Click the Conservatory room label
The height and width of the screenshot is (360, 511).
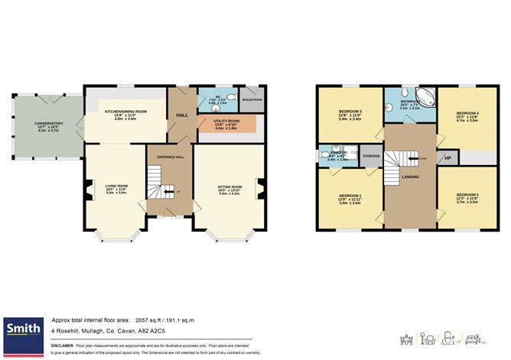pyautogui.click(x=48, y=123)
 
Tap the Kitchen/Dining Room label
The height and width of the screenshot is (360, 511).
pyautogui.click(x=125, y=112)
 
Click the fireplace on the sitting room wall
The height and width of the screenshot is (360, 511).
pyautogui.click(x=262, y=188)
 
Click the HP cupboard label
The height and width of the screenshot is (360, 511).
pyautogui.click(x=447, y=157)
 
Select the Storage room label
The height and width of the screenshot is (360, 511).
pyautogui.click(x=371, y=156)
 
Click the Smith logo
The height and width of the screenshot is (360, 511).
pyautogui.click(x=23, y=329)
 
